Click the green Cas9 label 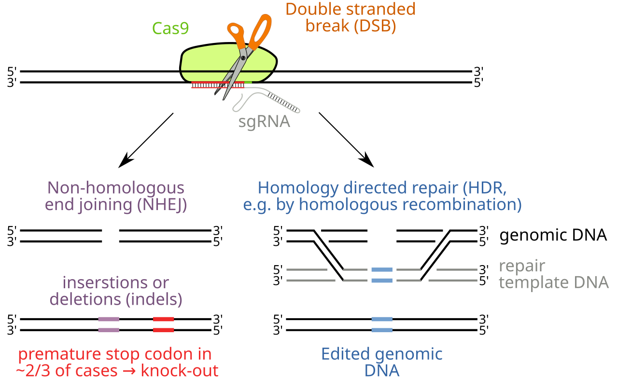point(170,28)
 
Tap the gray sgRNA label point(264,121)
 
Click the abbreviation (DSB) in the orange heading point(375,26)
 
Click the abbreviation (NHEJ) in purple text point(162,205)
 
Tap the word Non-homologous point(116,187)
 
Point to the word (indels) point(154,299)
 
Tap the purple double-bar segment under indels point(109,324)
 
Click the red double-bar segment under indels point(164,324)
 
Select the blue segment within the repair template point(381,275)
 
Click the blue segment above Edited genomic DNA point(381,324)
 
